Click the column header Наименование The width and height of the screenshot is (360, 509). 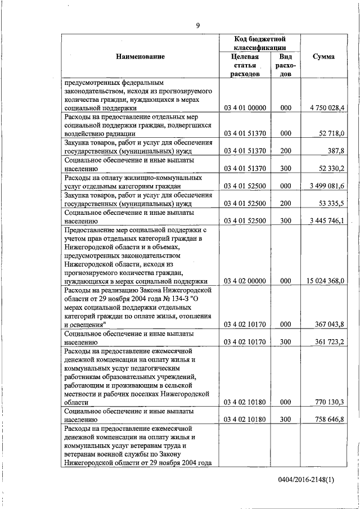(141, 56)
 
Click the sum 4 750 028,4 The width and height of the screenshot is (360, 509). (326, 107)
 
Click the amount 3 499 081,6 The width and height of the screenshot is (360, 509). (326, 186)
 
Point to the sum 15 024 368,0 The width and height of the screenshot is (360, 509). (325, 281)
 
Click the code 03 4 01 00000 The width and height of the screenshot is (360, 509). (245, 107)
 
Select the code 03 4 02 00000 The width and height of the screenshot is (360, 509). (245, 281)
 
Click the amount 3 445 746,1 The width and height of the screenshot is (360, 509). (326, 220)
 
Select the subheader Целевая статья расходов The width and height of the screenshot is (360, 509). (245, 65)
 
